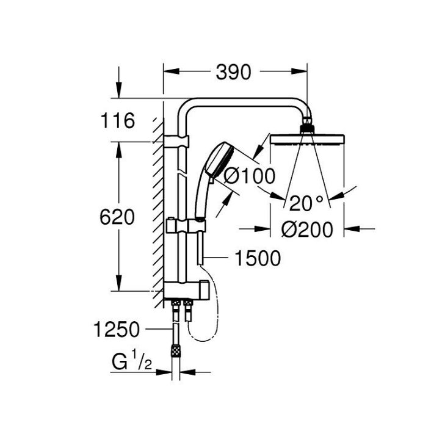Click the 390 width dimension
coord(233,72)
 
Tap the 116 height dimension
coord(118,120)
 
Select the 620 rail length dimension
coord(117,217)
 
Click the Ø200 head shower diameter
coord(307,230)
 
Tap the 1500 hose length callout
coord(258,258)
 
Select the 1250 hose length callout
coord(117,329)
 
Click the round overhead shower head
coord(307,140)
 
